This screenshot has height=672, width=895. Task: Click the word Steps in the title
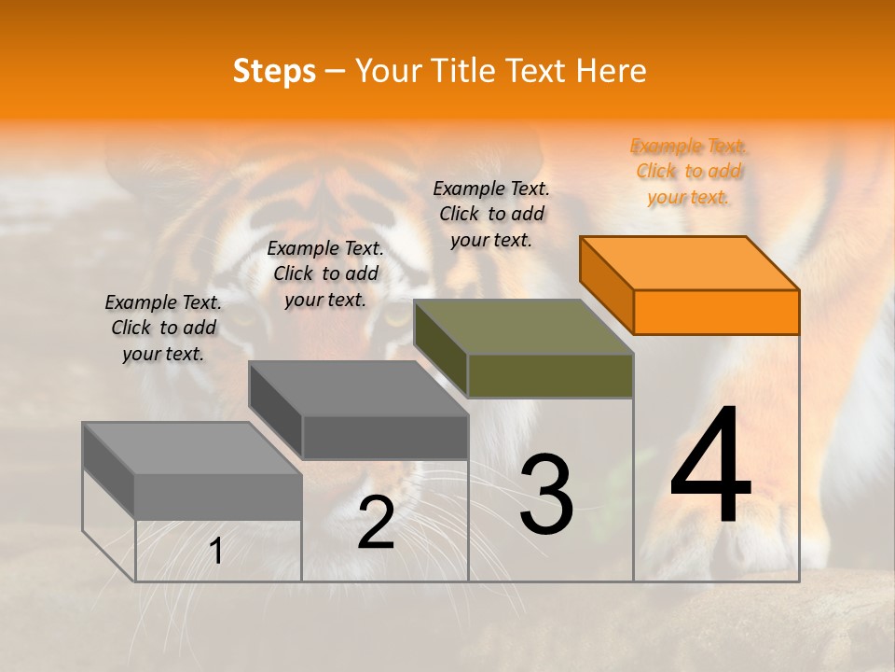274,72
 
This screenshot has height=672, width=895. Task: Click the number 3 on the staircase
546,495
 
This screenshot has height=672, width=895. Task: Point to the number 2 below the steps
376,523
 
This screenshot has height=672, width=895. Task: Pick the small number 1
216,551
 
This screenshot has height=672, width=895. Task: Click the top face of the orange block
690,262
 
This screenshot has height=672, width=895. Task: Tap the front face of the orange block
716,312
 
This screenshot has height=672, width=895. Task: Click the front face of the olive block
550,376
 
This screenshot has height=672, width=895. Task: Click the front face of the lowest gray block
218,496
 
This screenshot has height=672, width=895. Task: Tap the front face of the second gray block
384,437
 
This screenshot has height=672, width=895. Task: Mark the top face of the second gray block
358,387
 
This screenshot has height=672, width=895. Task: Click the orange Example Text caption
689,171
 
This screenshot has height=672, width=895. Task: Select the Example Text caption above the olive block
491,214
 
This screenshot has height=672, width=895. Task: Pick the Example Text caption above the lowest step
163,328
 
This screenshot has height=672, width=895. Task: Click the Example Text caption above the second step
325,273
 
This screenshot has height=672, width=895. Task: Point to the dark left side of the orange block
606,285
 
